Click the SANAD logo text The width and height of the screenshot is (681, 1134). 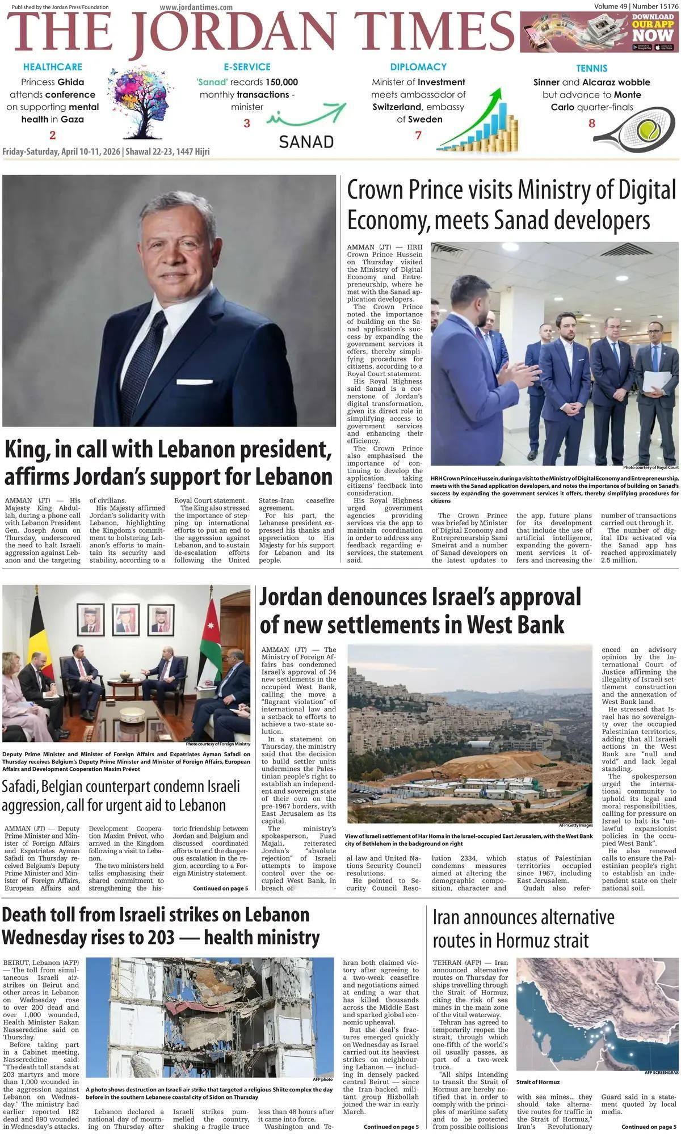click(x=306, y=141)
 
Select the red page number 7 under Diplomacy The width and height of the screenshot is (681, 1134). click(x=418, y=135)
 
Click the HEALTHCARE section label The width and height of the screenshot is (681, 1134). click(x=53, y=67)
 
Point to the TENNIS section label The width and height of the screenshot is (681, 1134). click(x=591, y=68)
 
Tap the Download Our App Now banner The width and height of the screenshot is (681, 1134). click(x=599, y=32)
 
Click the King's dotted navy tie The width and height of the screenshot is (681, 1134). click(x=142, y=363)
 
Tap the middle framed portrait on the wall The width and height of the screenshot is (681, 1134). click(x=125, y=619)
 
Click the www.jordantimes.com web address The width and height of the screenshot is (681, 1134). click(x=196, y=7)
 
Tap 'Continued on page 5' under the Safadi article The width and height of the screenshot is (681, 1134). click(x=220, y=888)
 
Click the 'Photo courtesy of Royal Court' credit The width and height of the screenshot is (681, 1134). click(x=650, y=467)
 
